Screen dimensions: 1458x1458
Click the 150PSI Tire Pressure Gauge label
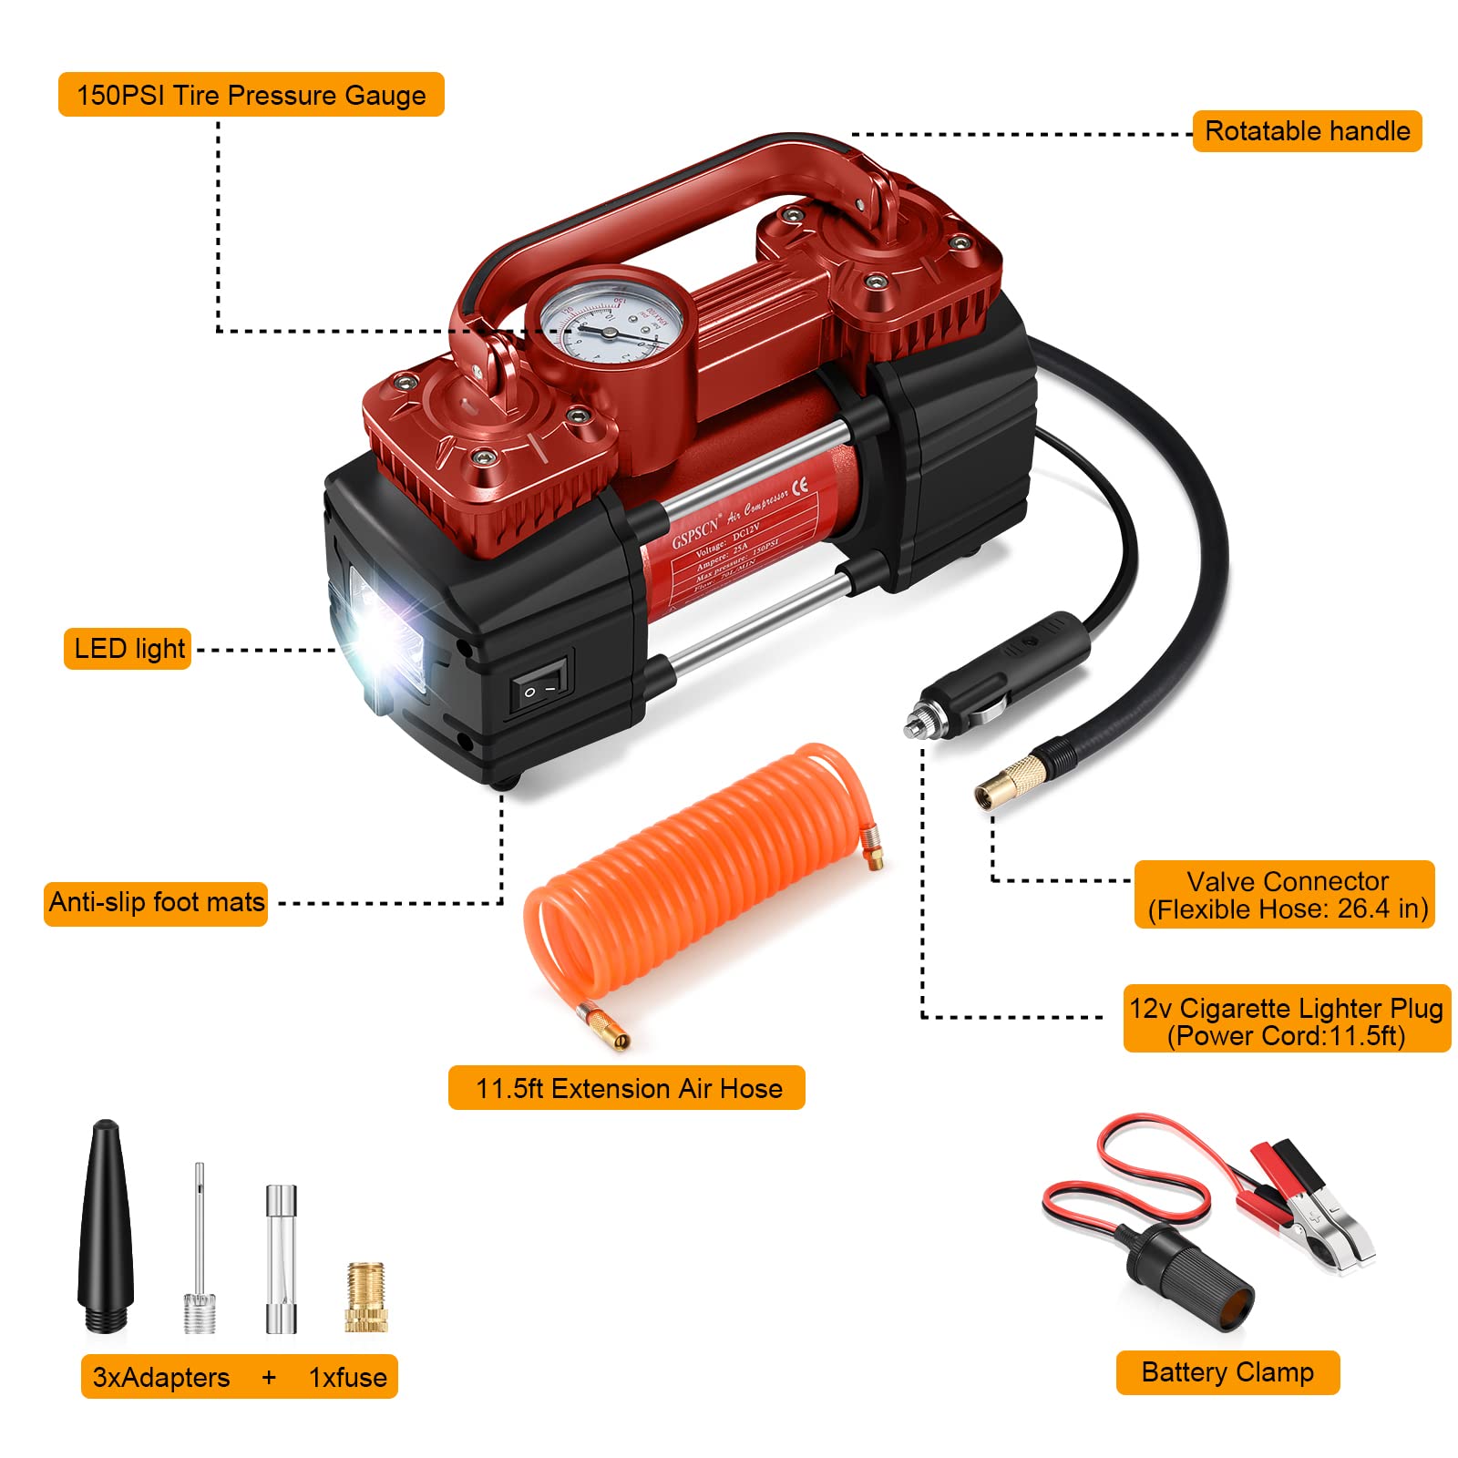coord(251,95)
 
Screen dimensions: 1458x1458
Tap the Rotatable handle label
coord(1307,131)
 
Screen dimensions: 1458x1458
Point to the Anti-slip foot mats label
coord(156,902)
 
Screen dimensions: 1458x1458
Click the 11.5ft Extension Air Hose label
coord(627,1088)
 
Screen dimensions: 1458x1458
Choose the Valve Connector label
coord(1285,895)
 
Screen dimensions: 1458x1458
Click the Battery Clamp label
coord(1227,1372)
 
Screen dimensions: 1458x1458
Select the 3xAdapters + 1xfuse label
coord(240,1377)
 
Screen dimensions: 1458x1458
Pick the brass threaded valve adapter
coord(365,1299)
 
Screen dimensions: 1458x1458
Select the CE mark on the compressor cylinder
coord(799,487)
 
